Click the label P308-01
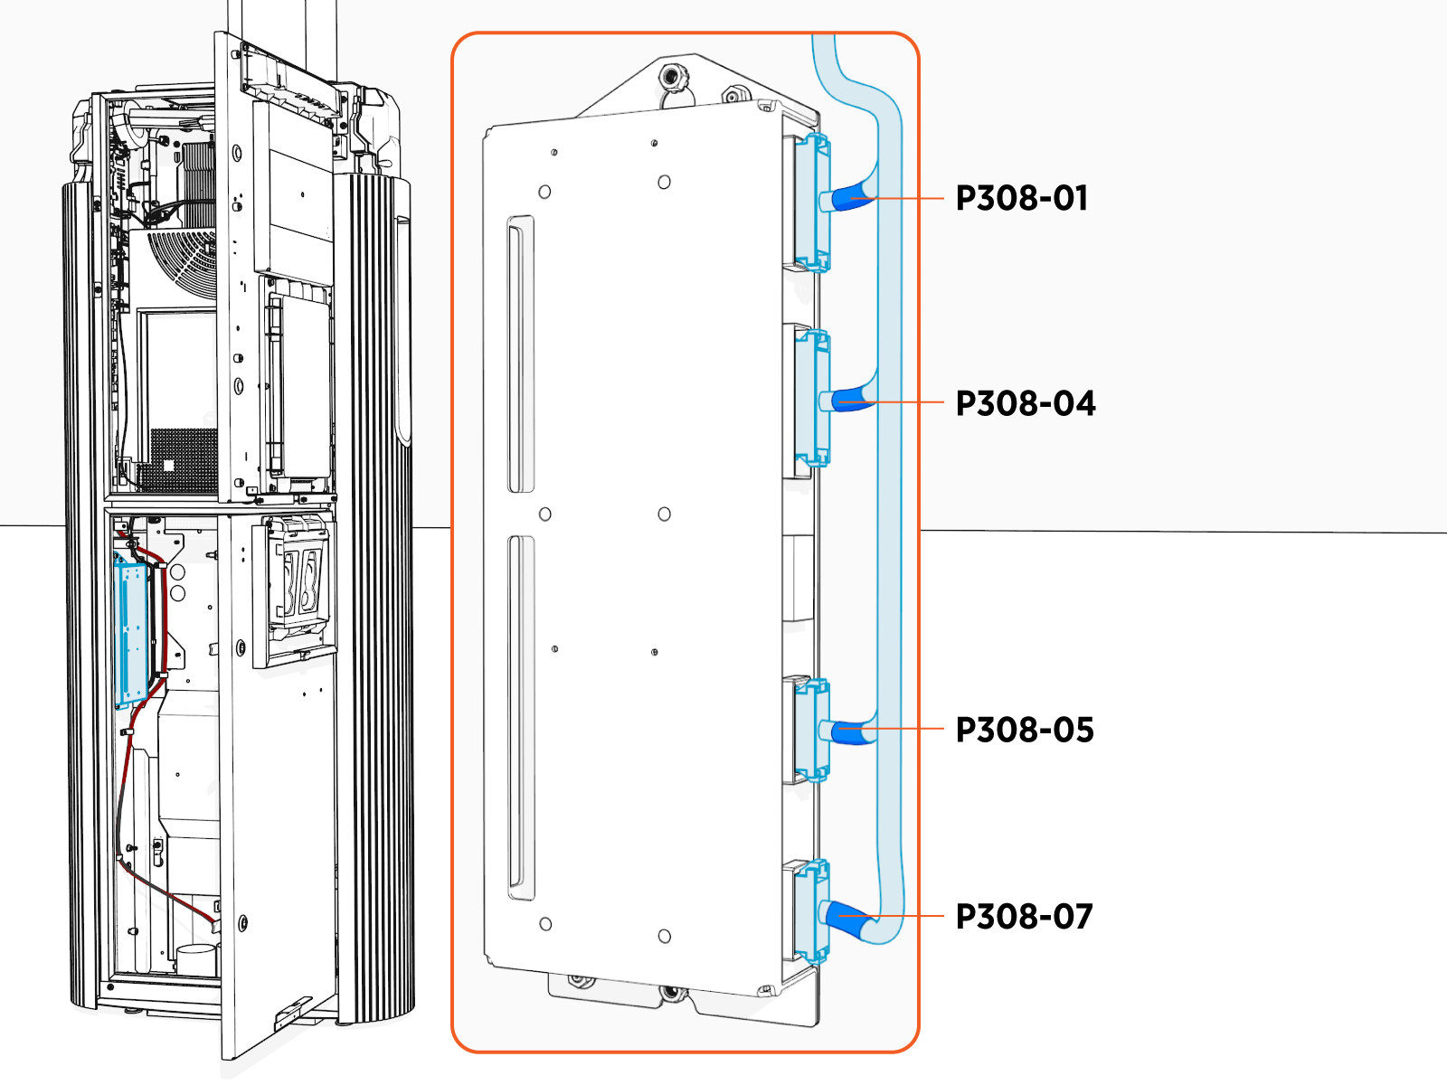1021,198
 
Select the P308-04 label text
1025,403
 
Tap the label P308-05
1024,730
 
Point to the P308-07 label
1024,917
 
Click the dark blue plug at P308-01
850,198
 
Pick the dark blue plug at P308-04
850,399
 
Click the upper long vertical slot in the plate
521,354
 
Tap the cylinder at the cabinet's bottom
198,959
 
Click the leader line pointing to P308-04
909,401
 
